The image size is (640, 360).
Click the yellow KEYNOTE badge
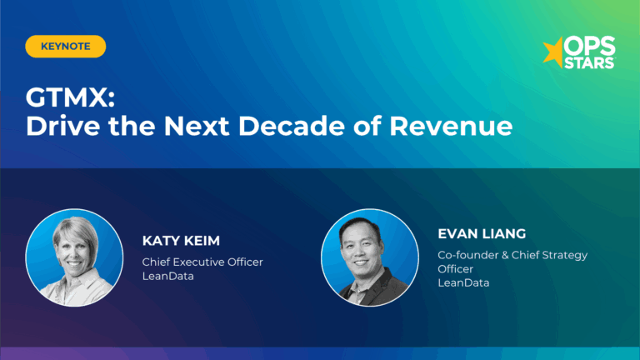pyautogui.click(x=65, y=47)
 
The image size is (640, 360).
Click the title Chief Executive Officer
pyautogui.click(x=202, y=262)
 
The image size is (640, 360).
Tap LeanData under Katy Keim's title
pyautogui.click(x=168, y=276)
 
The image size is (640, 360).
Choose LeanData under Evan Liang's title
pyautogui.click(x=463, y=282)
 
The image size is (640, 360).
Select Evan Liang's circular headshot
pyautogui.click(x=370, y=257)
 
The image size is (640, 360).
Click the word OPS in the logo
pyautogui.click(x=588, y=47)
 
